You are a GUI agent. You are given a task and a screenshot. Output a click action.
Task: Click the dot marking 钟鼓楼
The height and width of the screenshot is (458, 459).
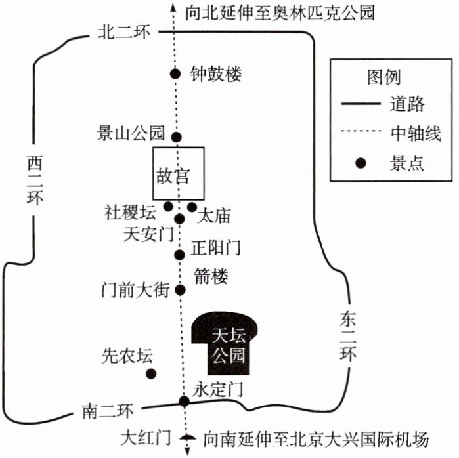(175, 73)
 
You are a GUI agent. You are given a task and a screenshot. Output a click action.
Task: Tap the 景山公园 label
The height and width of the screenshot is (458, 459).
(131, 133)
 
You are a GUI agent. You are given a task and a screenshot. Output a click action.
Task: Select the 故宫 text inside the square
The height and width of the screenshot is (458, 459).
(173, 176)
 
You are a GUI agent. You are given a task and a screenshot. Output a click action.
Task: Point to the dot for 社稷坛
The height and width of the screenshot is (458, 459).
(168, 207)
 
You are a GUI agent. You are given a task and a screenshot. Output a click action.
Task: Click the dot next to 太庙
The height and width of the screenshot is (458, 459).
(192, 207)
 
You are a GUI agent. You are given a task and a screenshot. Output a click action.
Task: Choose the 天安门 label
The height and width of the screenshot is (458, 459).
(148, 234)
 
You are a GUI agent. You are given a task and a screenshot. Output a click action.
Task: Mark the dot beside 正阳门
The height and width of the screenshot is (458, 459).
(179, 255)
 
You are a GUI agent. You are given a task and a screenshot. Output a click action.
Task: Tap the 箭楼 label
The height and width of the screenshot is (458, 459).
(211, 276)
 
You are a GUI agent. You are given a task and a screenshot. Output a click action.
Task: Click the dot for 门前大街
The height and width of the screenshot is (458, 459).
(180, 290)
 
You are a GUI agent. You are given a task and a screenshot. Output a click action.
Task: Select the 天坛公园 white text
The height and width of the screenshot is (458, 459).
(229, 345)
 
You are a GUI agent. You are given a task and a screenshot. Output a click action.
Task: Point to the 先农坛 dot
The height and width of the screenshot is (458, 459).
(151, 373)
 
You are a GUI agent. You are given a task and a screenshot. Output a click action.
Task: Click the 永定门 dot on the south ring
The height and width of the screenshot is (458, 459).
(184, 401)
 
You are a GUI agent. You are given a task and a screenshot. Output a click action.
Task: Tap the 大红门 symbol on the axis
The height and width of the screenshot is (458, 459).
(187, 437)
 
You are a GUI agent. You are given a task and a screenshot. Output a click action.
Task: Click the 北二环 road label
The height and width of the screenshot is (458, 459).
(124, 32)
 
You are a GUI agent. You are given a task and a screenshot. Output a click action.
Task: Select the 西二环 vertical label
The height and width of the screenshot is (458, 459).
(35, 180)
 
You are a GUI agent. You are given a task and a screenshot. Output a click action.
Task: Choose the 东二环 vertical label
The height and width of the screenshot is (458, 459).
(348, 335)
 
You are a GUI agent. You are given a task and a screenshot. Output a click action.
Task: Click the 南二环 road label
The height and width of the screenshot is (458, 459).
(108, 411)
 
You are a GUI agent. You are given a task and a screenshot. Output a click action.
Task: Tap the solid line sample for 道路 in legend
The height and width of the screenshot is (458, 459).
(361, 103)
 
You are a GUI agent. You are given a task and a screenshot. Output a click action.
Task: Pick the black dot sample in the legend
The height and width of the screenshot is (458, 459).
(361, 163)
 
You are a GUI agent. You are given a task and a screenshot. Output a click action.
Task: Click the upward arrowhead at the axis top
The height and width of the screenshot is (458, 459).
(173, 7)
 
